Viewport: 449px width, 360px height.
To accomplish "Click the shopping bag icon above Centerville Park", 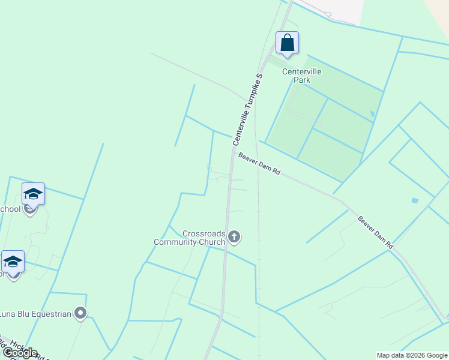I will pyautogui.click(x=287, y=43).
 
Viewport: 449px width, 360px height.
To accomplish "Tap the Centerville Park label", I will pyautogui.click(x=302, y=76).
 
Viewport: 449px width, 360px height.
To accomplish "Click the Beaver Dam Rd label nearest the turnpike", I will pyautogui.click(x=259, y=164).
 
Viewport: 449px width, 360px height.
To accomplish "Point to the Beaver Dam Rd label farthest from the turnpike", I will pyautogui.click(x=375, y=232).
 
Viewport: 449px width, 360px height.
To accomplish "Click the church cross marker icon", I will pyautogui.click(x=234, y=238).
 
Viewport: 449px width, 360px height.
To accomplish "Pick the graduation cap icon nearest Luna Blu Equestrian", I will pyautogui.click(x=13, y=262).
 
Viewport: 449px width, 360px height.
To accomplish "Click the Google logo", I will pyautogui.click(x=19, y=353).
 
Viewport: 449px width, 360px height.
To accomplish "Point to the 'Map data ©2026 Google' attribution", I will pyautogui.click(x=412, y=355).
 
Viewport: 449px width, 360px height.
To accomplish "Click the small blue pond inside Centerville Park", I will pyautogui.click(x=372, y=113).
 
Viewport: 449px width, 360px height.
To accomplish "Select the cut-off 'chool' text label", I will pyautogui.click(x=10, y=209).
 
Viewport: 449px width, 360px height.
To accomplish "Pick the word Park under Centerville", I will pyautogui.click(x=302, y=80).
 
